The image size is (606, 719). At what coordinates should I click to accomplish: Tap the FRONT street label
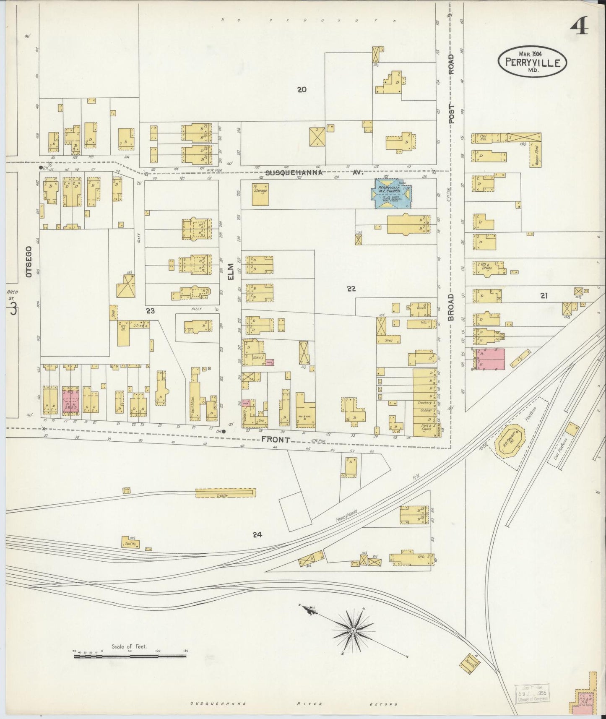pos(276,440)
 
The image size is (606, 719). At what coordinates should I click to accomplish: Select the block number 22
pos(351,289)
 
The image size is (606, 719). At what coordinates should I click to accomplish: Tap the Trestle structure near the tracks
pos(225,493)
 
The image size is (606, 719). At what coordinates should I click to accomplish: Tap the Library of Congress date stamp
pos(532,693)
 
